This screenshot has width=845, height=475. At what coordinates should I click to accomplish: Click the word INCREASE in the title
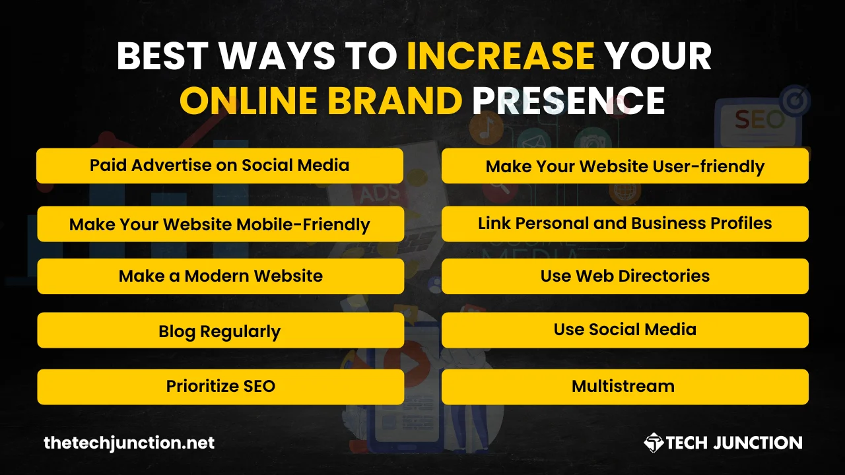pyautogui.click(x=501, y=56)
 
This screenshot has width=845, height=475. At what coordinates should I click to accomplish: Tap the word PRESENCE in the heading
pyautogui.click(x=568, y=100)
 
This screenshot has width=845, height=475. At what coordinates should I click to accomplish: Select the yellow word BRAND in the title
pyautogui.click(x=395, y=100)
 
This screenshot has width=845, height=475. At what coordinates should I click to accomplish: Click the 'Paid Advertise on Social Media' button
pyautogui.click(x=220, y=166)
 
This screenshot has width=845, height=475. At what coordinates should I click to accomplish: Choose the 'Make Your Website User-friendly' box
pyautogui.click(x=625, y=166)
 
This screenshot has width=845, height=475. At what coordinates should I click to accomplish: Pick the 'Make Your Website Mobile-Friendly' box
pyautogui.click(x=220, y=224)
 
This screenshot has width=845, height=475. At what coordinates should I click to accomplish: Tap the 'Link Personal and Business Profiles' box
pyautogui.click(x=625, y=224)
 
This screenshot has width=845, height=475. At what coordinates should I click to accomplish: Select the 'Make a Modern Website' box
pyautogui.click(x=220, y=276)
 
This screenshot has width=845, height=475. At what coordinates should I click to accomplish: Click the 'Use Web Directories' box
pyautogui.click(x=625, y=276)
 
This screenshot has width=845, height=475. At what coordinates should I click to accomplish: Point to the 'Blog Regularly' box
pyautogui.click(x=220, y=331)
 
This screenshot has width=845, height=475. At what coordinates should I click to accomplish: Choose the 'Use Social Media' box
pyautogui.click(x=625, y=331)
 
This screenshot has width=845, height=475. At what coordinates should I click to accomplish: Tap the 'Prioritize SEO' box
pyautogui.click(x=220, y=387)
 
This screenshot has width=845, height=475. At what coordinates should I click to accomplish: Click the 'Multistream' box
pyautogui.click(x=625, y=387)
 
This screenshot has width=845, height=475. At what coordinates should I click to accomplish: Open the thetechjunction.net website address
pyautogui.click(x=129, y=443)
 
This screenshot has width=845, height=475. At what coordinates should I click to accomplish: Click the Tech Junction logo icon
pyautogui.click(x=654, y=443)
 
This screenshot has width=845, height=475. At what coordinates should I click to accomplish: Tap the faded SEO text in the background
pyautogui.click(x=759, y=120)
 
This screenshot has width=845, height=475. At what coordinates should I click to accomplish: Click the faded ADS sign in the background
pyautogui.click(x=379, y=194)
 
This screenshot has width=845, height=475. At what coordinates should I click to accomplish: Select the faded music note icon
pyautogui.click(x=486, y=128)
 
